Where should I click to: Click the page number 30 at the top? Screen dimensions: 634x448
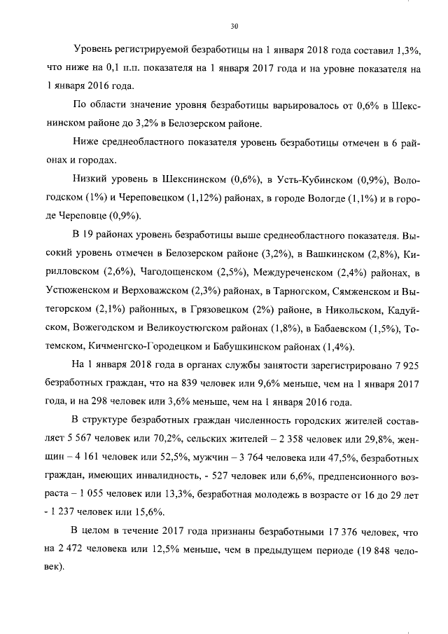pyautogui.click(x=234, y=27)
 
